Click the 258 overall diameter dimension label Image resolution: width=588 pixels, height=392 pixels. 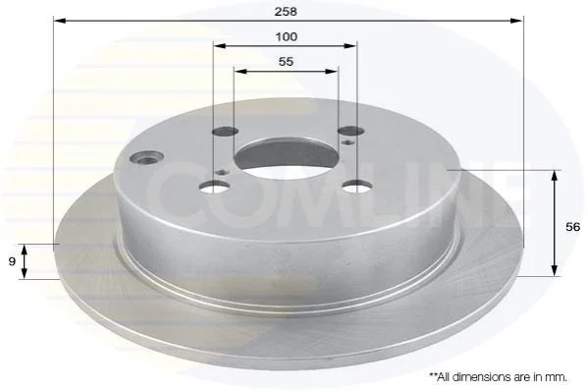click(286, 11)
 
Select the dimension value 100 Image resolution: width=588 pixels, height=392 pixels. click(286, 36)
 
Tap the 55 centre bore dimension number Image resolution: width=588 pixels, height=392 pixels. click(286, 61)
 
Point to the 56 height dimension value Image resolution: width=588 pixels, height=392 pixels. click(572, 227)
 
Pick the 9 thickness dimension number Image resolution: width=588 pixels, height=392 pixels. click(12, 261)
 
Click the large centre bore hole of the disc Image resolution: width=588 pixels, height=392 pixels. click(286, 157)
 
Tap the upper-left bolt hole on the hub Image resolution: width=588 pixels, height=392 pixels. click(226, 132)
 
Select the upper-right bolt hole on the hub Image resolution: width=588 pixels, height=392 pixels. click(351, 131)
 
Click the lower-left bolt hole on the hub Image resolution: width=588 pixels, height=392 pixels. click(215, 187)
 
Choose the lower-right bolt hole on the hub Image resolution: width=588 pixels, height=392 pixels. click(357, 186)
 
